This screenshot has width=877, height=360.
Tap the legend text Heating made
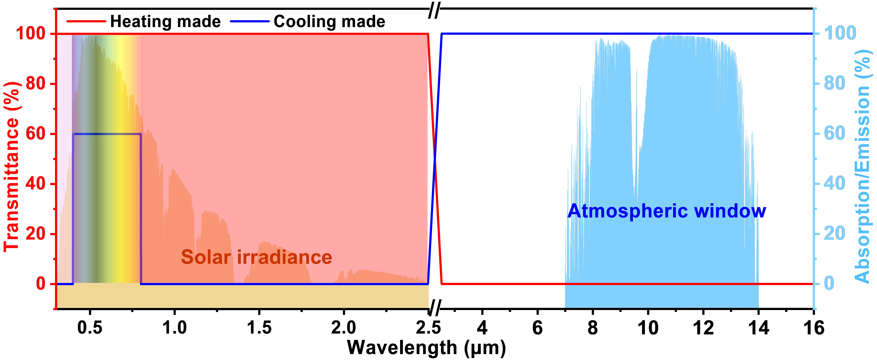(165, 21)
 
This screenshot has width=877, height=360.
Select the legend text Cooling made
(329, 21)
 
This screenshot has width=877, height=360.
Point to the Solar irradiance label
(256, 257)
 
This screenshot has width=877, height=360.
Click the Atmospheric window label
(667, 211)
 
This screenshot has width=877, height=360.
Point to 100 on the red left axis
(31, 34)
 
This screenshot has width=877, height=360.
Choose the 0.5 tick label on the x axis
(90, 328)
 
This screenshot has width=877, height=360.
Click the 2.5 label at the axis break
(428, 328)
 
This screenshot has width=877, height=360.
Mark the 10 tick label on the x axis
(648, 328)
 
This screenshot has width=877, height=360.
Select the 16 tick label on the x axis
(814, 328)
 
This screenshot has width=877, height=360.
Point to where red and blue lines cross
(435, 159)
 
